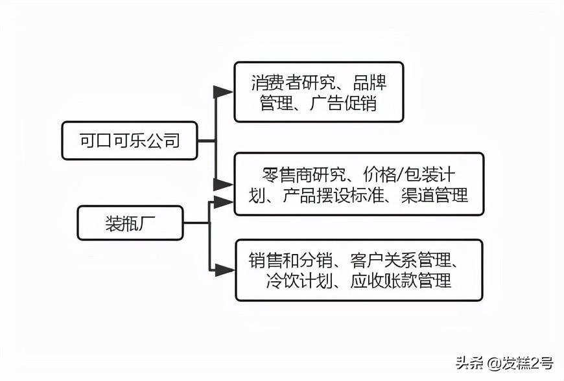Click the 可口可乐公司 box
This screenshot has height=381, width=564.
tap(130, 140)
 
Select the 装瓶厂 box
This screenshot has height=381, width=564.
tap(130, 223)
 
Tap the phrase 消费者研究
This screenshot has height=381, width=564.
tap(293, 83)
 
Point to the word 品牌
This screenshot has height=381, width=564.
tap(370, 83)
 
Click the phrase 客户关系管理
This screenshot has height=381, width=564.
tap(402, 261)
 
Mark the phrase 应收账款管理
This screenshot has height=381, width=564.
tap(401, 281)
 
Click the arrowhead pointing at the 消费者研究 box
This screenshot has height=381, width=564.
tap(223, 91)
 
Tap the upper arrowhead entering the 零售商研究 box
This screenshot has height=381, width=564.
tap(223, 184)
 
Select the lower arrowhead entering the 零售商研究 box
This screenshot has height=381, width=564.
tap(223, 202)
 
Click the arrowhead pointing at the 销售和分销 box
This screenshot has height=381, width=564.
tap(224, 270)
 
